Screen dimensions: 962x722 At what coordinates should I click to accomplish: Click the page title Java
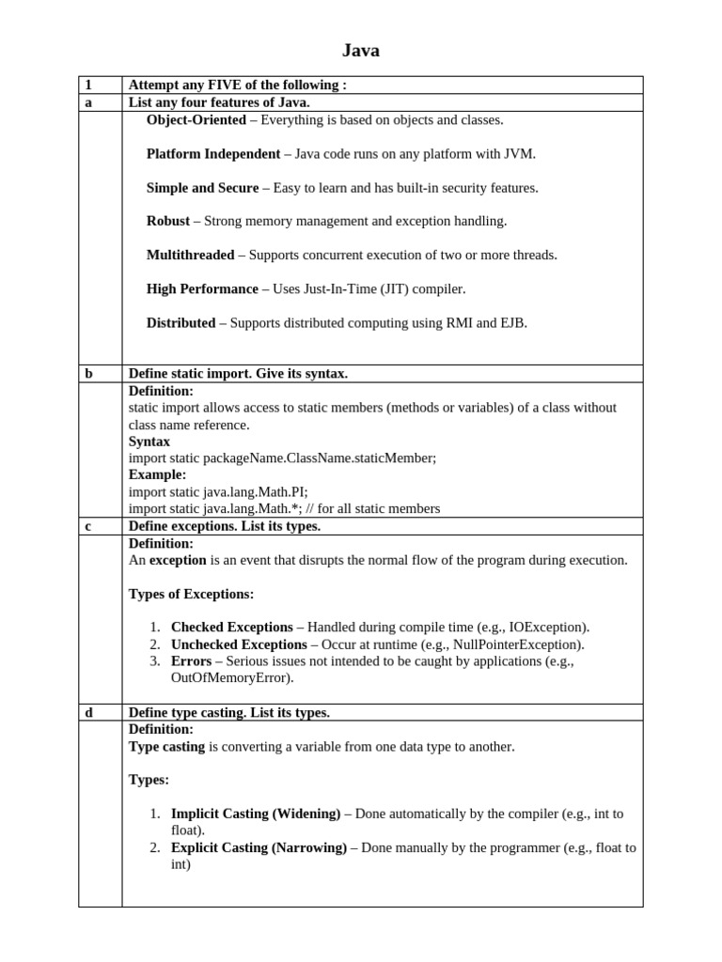click(360, 51)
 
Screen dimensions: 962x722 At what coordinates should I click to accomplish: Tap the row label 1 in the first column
click(88, 85)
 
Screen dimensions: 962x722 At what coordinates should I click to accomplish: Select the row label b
click(89, 374)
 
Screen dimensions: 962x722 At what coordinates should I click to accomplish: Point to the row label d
click(89, 713)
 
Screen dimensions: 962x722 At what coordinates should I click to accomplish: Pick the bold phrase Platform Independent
click(213, 154)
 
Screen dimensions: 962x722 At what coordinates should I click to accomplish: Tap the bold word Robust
click(168, 222)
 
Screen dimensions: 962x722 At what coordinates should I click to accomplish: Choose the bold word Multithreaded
click(191, 256)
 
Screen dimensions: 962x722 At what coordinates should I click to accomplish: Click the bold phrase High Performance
click(202, 289)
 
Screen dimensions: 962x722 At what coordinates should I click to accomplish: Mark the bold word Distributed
click(181, 323)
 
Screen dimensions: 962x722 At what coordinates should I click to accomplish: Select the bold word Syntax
click(149, 442)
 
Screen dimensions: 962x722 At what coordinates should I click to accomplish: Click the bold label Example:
click(158, 475)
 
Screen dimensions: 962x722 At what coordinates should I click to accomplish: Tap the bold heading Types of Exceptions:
click(191, 595)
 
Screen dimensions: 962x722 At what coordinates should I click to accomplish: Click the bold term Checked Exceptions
click(232, 628)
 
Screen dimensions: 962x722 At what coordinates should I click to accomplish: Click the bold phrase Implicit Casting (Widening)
click(256, 815)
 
